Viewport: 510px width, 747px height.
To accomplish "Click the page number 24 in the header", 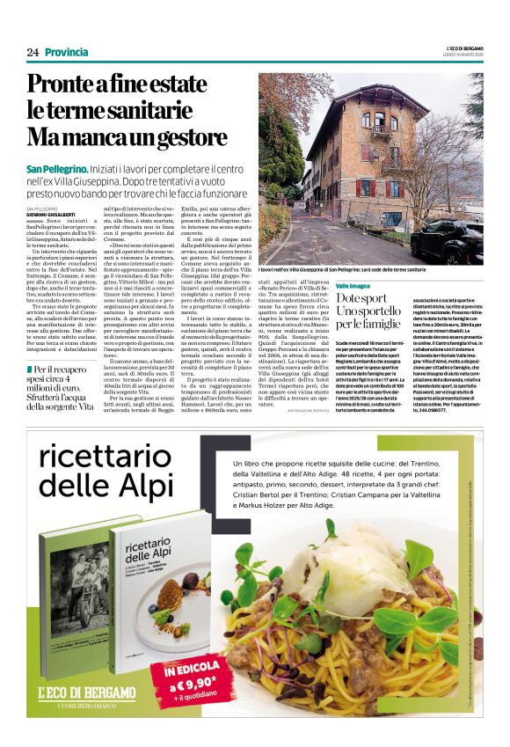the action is tap(33, 53).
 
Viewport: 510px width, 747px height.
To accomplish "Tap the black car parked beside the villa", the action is tap(457, 242).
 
